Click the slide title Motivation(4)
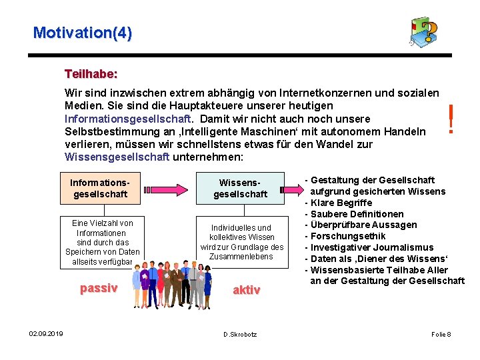pyautogui.click(x=83, y=32)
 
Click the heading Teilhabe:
pyautogui.click(x=91, y=72)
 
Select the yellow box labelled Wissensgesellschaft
pyautogui.click(x=240, y=188)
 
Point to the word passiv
pyautogui.click(x=99, y=288)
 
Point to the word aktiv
pyautogui.click(x=246, y=289)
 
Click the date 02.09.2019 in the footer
pyautogui.click(x=46, y=333)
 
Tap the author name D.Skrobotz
pyautogui.click(x=240, y=333)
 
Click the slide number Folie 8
pyautogui.click(x=441, y=333)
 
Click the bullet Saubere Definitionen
pyautogui.click(x=357, y=214)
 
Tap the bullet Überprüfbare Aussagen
pyautogui.click(x=363, y=225)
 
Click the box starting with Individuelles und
pyautogui.click(x=240, y=242)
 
